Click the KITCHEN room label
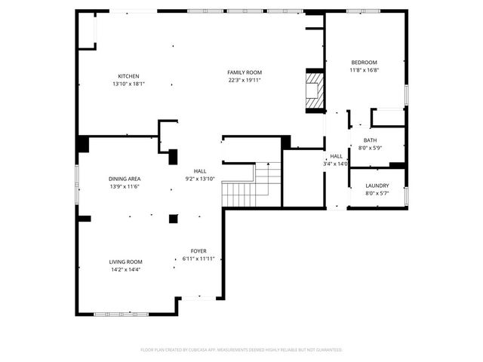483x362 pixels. [128, 76]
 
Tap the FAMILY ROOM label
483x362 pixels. [245, 72]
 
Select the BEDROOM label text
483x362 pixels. [364, 63]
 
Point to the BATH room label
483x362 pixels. [370, 140]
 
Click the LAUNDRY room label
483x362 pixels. [377, 186]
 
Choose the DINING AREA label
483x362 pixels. [125, 179]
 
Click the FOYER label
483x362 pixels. [198, 251]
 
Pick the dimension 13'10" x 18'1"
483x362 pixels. [128, 84]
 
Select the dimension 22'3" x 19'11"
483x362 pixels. [245, 80]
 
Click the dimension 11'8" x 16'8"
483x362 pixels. [364, 70]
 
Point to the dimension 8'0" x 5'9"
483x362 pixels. [370, 148]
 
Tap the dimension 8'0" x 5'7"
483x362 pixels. [377, 194]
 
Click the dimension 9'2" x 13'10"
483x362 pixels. [200, 179]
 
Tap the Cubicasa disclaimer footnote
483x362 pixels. [241, 350]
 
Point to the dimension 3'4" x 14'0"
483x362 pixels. [337, 164]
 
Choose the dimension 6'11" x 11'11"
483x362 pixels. [198, 259]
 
